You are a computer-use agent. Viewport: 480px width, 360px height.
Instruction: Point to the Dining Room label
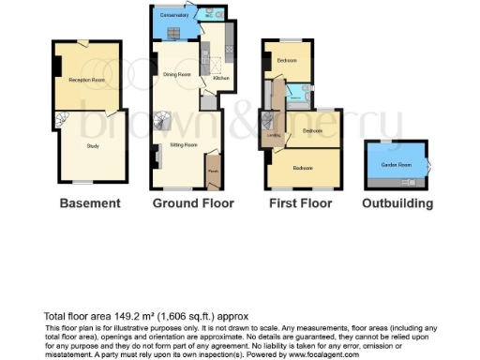tap(177, 73)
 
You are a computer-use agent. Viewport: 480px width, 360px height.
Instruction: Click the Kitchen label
tap(221, 79)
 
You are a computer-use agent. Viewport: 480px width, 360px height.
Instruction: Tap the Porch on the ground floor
tap(213, 171)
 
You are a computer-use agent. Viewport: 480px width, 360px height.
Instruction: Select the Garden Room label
tap(396, 165)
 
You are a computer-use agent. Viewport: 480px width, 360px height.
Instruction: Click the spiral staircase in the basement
tap(62, 121)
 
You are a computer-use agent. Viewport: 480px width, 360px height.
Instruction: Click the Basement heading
tap(90, 202)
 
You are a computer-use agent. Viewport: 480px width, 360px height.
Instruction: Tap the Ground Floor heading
tap(192, 202)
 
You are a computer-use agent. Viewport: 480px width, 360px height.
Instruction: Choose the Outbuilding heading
tap(397, 202)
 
